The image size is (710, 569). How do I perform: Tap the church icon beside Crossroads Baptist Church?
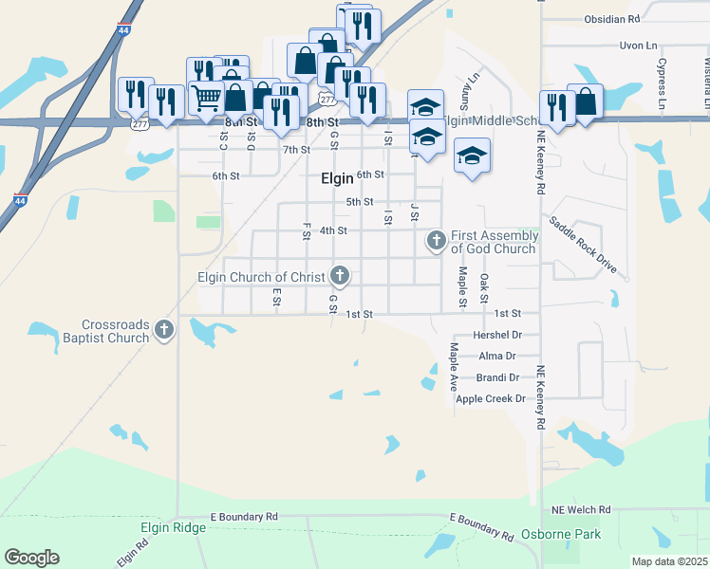(164, 330)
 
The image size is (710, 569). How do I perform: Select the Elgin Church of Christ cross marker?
(339, 277)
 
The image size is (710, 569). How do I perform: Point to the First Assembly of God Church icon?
(436, 240)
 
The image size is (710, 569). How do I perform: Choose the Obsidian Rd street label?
(612, 18)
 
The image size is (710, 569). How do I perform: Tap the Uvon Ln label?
(638, 46)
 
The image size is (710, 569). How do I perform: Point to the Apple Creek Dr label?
(490, 399)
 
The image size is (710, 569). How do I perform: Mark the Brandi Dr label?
(499, 377)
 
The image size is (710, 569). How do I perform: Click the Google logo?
(31, 558)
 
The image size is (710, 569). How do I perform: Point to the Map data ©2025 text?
(669, 561)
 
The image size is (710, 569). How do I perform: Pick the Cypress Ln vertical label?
(662, 81)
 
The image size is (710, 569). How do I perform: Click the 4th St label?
(333, 230)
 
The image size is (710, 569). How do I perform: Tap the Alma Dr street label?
(497, 357)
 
